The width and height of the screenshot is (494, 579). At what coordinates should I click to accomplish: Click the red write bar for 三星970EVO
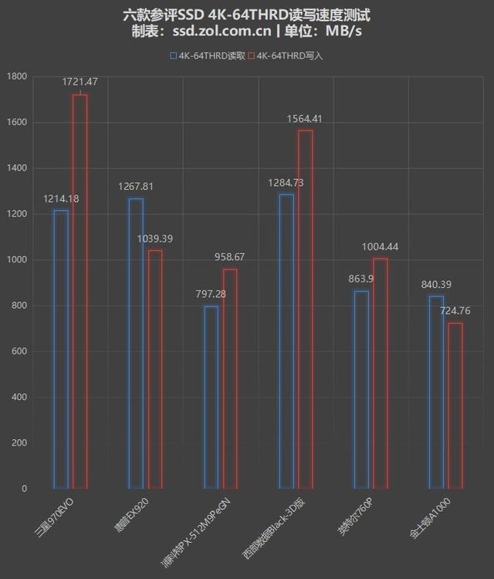(80, 292)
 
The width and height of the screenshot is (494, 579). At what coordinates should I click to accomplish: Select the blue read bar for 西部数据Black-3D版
(286, 341)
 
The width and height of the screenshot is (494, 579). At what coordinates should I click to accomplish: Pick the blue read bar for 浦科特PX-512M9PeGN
(211, 398)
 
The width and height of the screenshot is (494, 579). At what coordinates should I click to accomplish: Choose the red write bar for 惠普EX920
(154, 369)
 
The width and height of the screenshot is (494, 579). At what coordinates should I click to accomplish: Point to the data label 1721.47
(81, 81)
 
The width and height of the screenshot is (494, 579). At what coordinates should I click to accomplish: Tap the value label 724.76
(455, 310)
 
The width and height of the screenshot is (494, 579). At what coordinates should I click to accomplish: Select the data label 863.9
(359, 279)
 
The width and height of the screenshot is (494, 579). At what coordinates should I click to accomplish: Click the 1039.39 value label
(154, 239)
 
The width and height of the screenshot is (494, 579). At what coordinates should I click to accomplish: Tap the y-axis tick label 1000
(16, 260)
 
